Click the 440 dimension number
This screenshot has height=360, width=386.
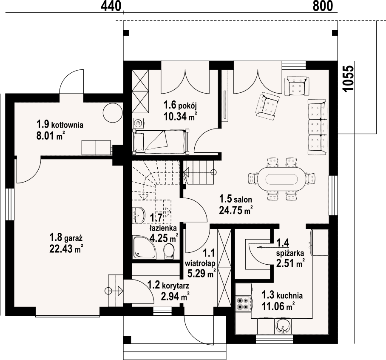111,6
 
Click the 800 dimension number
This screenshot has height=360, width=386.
323,6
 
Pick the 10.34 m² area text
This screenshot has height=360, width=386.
180,116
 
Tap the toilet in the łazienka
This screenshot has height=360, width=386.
169,251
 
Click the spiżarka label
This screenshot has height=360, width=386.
290,253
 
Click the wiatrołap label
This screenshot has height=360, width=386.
200,264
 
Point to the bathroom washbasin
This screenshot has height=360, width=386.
139,216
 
